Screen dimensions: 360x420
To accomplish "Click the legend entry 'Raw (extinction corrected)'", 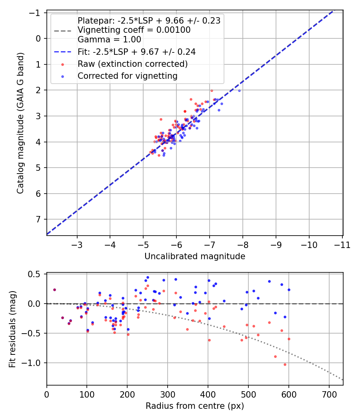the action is (132, 64).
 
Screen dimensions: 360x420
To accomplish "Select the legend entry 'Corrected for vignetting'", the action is (128, 76).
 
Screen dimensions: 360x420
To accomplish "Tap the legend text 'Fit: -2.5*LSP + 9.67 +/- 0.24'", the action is (137, 52).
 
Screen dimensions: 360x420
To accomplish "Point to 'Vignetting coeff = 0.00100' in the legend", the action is (134, 30).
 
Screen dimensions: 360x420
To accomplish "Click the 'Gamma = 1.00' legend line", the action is (109, 39).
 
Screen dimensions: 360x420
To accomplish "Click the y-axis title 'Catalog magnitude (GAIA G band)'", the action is (20, 123).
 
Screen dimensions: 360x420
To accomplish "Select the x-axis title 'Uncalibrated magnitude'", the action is (195, 256).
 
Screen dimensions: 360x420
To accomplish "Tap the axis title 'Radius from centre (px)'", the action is (195, 406).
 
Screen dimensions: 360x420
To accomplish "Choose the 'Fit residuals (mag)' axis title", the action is (12, 329).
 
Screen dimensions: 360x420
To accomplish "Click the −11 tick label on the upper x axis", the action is (342, 245).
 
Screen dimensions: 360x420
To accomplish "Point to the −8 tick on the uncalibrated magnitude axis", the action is (242, 245).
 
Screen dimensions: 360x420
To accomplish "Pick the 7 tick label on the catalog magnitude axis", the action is (38, 219).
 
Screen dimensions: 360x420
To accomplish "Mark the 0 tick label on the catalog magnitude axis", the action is (38, 38).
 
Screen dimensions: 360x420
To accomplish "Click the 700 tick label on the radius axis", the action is (329, 394).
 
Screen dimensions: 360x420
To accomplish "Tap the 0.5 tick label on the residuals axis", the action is (34, 274).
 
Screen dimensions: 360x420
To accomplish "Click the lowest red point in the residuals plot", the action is (285, 364).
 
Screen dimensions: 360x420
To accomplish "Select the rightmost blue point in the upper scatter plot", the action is (239, 91).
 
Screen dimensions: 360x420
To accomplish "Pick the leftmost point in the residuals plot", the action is (55, 290).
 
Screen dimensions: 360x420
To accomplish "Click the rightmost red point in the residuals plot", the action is (289, 339).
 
